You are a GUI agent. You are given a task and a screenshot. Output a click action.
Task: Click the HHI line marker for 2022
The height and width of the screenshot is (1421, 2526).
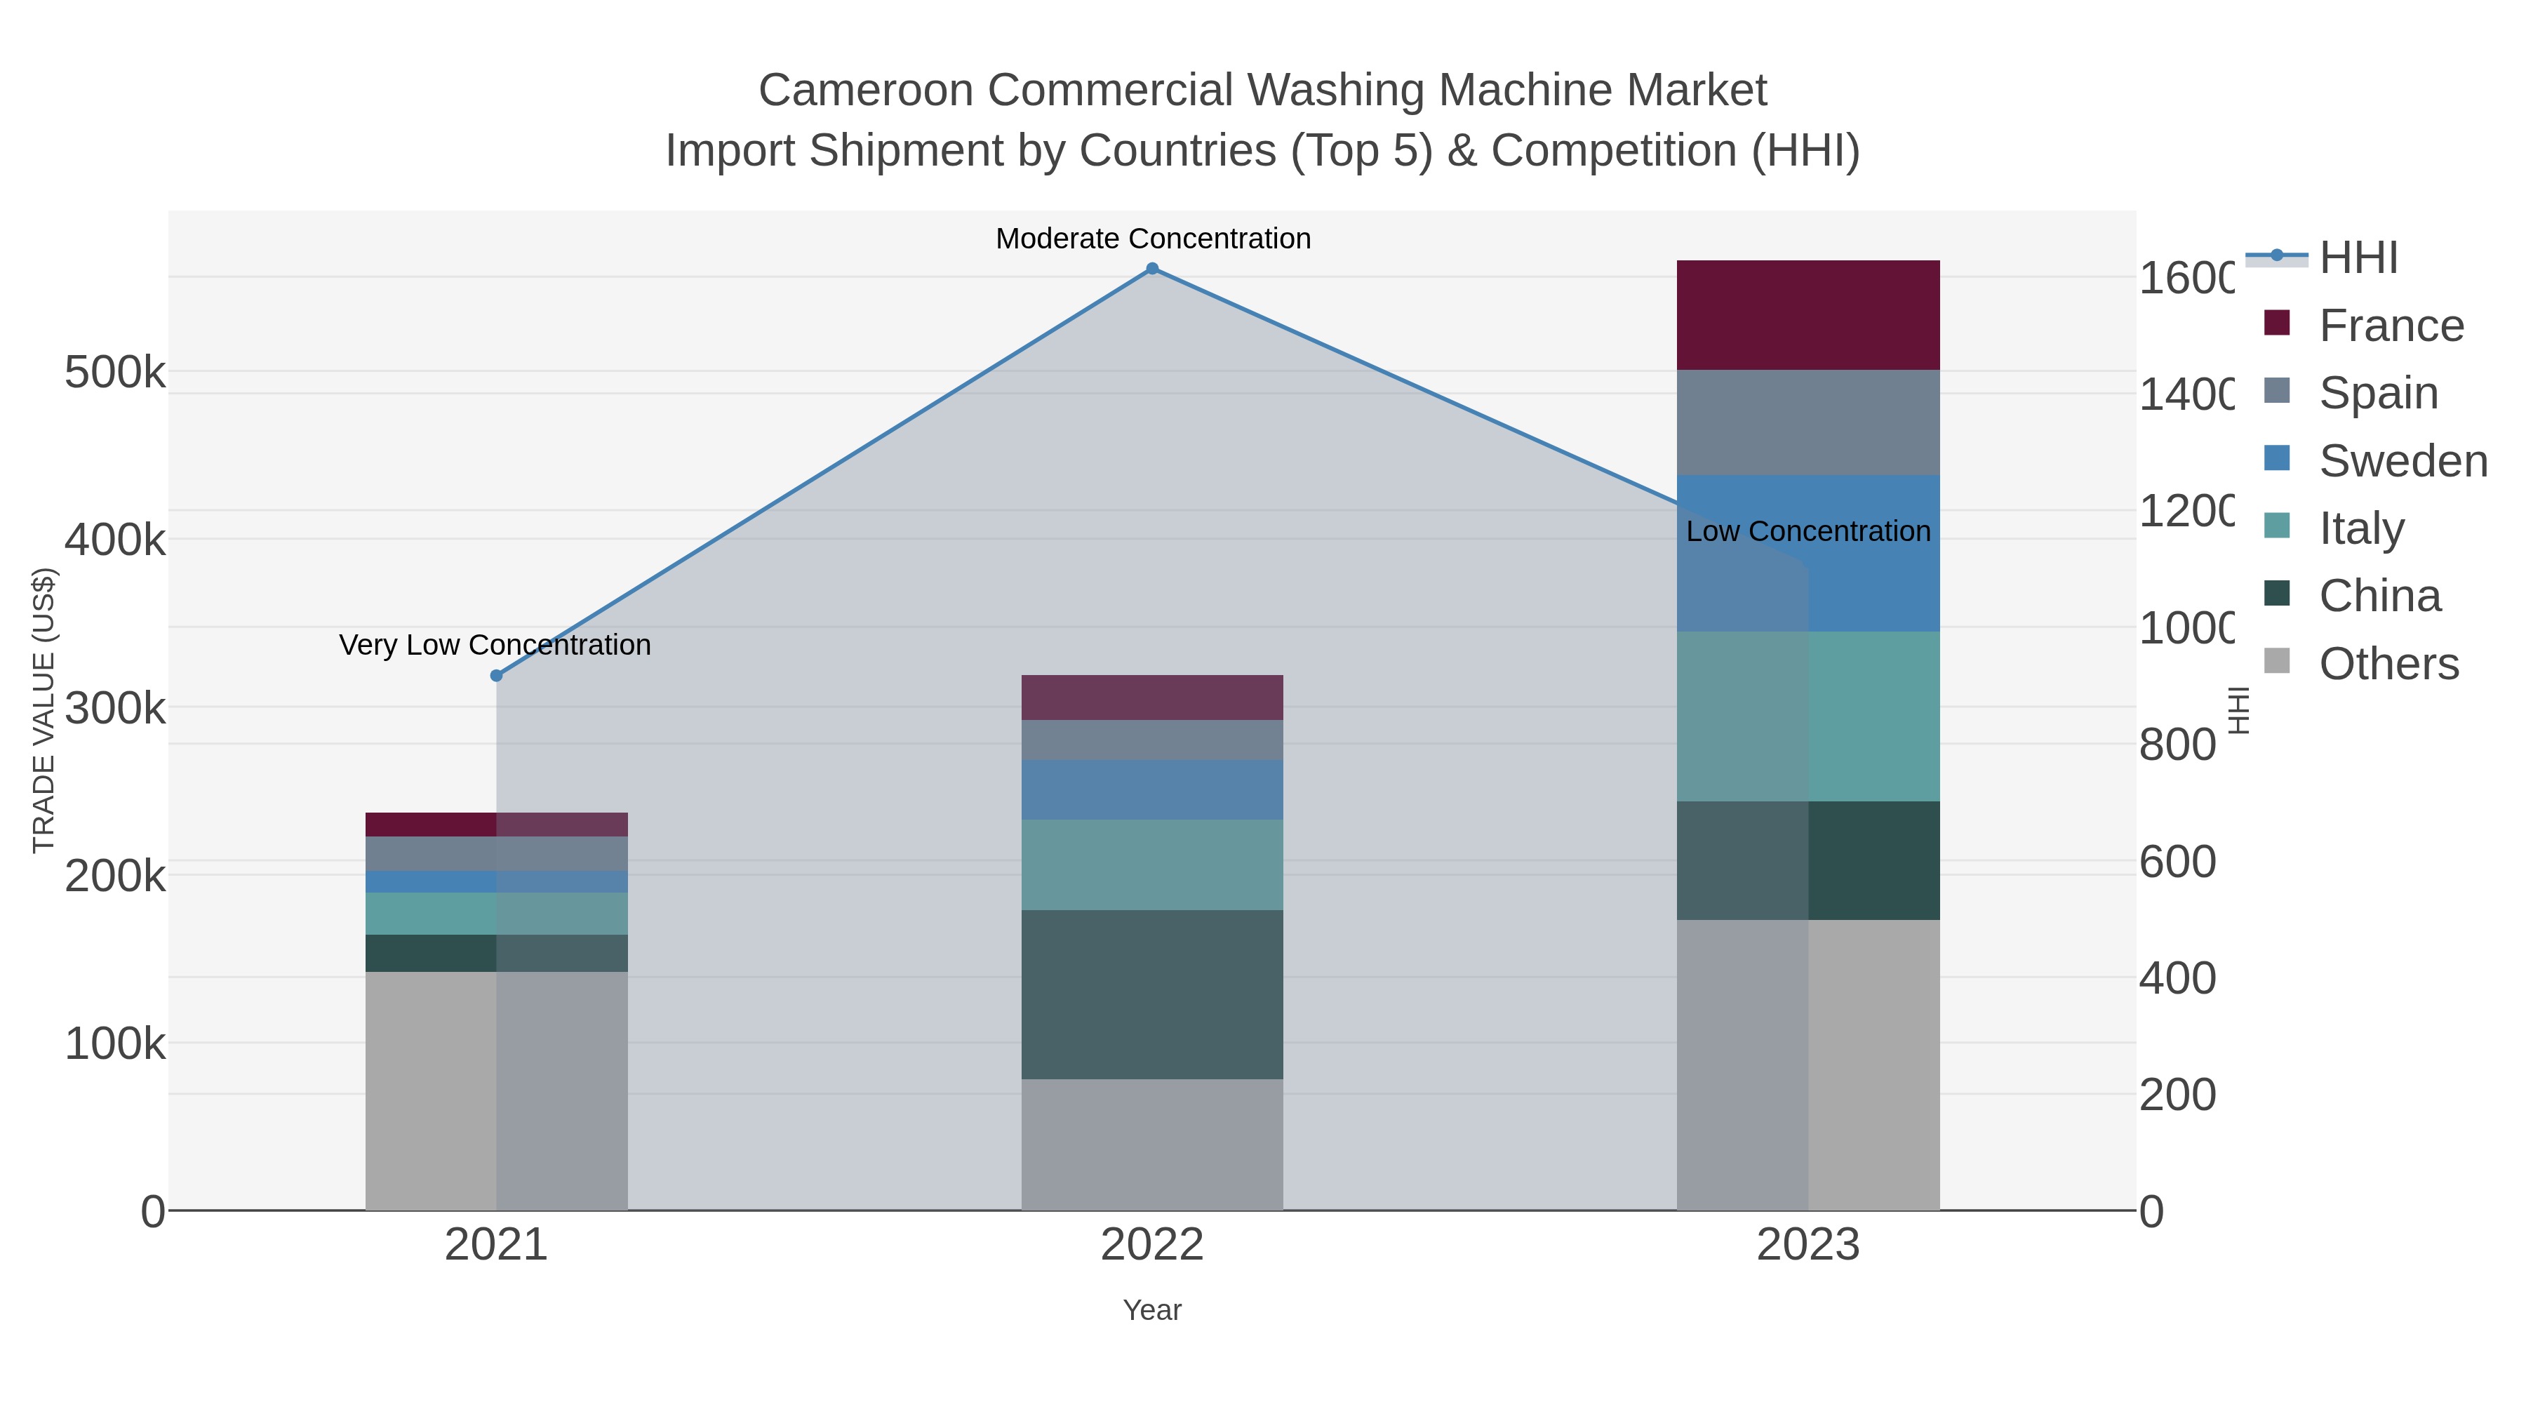[x=1152, y=269]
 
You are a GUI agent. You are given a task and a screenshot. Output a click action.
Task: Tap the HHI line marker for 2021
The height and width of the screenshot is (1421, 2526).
[x=496, y=676]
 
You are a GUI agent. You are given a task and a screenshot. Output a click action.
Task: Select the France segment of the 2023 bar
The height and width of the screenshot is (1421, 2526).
[x=1807, y=315]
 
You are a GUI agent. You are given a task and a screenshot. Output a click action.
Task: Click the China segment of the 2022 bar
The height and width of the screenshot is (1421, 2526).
[x=1152, y=994]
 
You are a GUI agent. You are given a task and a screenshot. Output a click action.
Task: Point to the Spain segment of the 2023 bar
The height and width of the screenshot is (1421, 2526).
[x=1807, y=422]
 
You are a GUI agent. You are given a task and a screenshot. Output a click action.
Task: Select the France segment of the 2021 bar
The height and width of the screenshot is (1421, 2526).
[x=496, y=824]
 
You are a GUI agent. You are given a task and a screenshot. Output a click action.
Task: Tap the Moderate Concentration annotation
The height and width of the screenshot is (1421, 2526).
[x=1152, y=239]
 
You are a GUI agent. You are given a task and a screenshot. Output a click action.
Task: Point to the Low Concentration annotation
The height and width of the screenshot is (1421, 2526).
[x=1807, y=531]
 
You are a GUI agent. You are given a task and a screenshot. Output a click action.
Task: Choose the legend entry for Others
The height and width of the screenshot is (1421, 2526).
[x=2388, y=664]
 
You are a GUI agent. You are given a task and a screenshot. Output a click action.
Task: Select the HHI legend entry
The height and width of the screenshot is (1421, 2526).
[x=2358, y=258]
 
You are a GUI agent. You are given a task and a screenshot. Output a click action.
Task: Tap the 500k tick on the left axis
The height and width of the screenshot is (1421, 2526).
[x=115, y=373]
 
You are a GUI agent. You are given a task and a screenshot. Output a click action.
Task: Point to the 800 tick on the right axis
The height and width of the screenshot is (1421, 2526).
[x=2176, y=745]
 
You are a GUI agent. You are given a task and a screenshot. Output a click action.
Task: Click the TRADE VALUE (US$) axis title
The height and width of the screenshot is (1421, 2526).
[x=44, y=710]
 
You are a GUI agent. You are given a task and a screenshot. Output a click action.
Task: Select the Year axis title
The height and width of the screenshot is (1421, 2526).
[x=1151, y=1310]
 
